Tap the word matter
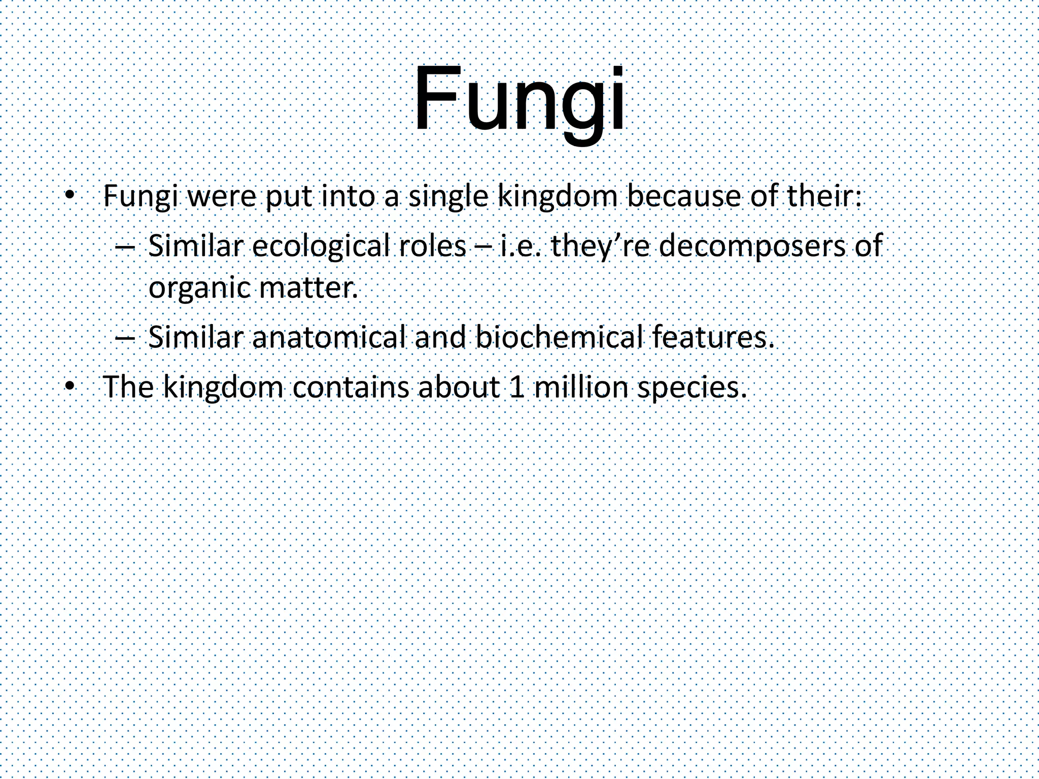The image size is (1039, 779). [x=308, y=288]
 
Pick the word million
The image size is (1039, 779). [x=579, y=387]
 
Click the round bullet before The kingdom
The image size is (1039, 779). [x=70, y=387]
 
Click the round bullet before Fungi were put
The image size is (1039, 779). [x=70, y=196]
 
